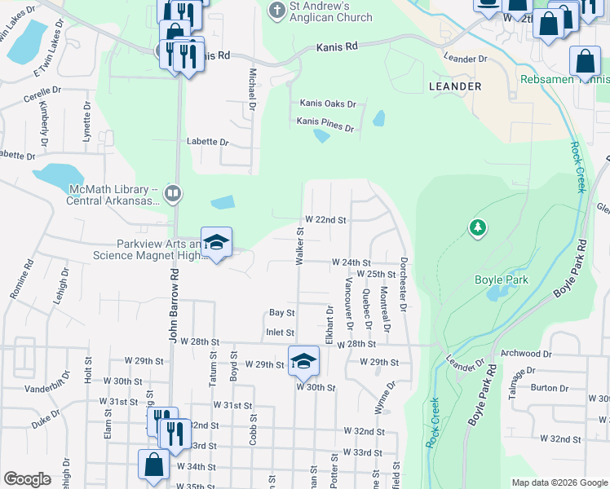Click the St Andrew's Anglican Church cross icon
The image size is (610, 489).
click(x=276, y=11)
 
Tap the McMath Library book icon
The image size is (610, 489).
click(x=172, y=194)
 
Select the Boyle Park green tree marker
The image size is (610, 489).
click(x=478, y=228)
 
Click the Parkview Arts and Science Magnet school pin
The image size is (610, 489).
click(x=216, y=243)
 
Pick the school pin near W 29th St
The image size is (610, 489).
click(x=303, y=360)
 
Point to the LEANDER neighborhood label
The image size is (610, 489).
click(x=454, y=86)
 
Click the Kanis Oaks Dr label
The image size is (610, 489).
click(x=328, y=104)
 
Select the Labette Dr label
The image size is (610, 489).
click(x=207, y=141)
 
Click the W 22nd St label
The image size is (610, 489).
click(x=325, y=220)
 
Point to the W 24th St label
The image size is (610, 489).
click(x=351, y=262)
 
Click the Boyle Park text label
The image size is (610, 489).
click(x=502, y=280)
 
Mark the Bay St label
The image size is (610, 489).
click(x=281, y=312)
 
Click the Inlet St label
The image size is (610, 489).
click(x=280, y=332)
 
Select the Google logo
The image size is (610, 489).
click(x=27, y=479)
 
